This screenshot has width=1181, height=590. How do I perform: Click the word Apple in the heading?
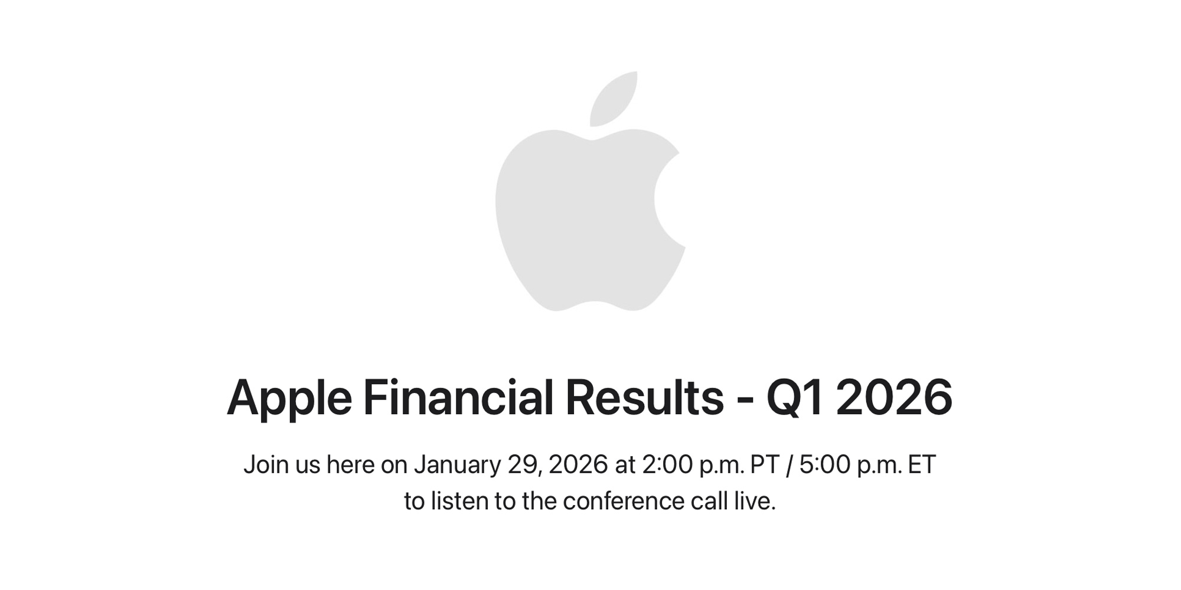click(289, 399)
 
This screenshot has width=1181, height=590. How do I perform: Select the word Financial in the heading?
click(458, 398)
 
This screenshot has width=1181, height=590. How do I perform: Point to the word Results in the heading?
click(644, 398)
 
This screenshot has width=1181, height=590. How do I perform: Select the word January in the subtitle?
click(457, 465)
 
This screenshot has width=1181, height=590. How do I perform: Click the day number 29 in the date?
click(522, 465)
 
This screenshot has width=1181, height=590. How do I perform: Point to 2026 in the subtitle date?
click(578, 465)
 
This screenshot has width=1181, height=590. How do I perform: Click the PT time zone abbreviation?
click(765, 465)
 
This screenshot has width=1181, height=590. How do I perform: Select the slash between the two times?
click(789, 465)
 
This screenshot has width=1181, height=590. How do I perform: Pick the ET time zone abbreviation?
click(922, 465)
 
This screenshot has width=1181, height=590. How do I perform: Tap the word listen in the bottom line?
click(459, 501)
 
